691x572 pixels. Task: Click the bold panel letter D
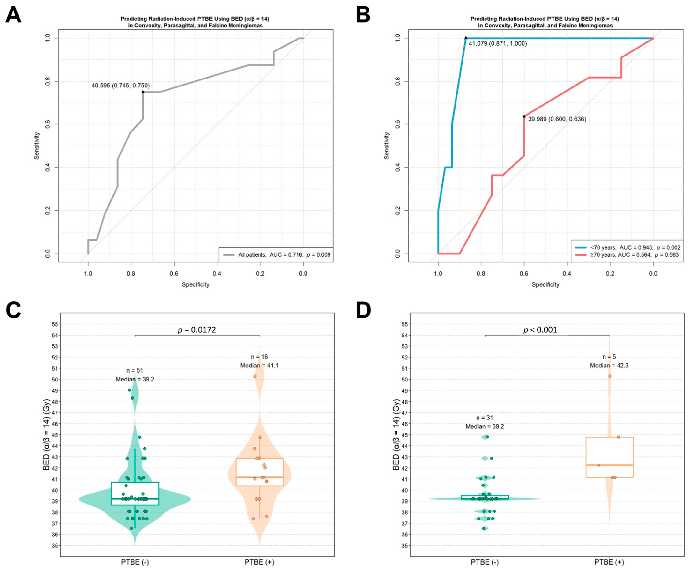click(363, 310)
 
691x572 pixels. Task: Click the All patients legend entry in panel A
click(276, 254)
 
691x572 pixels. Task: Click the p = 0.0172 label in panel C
click(197, 330)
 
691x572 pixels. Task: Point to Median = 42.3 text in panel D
click(609, 366)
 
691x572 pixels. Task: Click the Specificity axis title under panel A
click(195, 284)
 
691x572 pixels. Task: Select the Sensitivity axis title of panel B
click(387, 146)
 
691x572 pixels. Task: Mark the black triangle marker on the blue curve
click(466, 38)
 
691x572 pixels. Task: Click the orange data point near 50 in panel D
click(609, 376)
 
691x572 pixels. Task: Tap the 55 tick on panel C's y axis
click(55, 324)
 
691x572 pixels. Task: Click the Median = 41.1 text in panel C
click(259, 366)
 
